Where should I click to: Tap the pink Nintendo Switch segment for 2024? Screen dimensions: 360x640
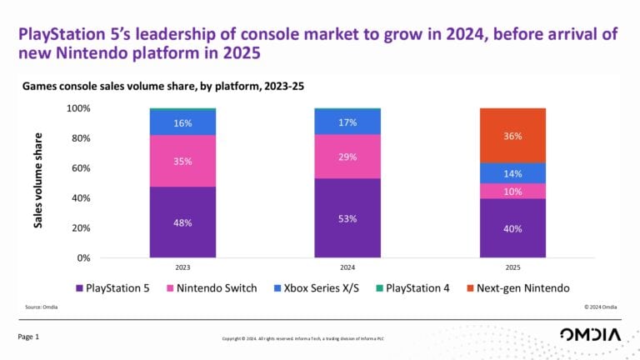coord(347,157)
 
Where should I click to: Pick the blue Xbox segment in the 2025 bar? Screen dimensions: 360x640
coord(512,173)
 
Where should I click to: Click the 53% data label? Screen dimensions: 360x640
coord(347,218)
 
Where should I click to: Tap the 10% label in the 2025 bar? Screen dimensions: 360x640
coord(512,191)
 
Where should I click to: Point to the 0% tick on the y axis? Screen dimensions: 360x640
coord(81,258)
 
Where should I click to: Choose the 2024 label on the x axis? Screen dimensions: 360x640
coord(347,269)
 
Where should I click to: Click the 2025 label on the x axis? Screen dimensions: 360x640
coord(512,269)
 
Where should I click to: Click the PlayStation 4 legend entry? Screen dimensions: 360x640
coord(416,287)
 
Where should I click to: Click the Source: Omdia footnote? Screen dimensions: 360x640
coord(42,308)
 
